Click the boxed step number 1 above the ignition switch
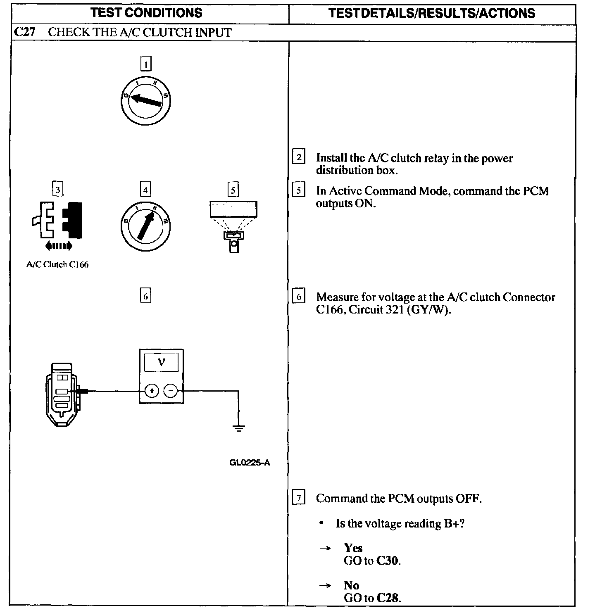[x=146, y=64]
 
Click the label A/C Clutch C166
[x=57, y=264]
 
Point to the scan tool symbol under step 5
[x=233, y=226]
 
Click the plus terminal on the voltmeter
[x=152, y=390]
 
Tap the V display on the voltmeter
[x=161, y=363]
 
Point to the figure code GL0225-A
[x=250, y=463]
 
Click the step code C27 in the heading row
[x=24, y=33]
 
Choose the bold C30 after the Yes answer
[x=388, y=561]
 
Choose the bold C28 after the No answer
[x=388, y=598]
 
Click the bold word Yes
[x=353, y=548]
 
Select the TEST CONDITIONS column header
[x=147, y=13]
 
